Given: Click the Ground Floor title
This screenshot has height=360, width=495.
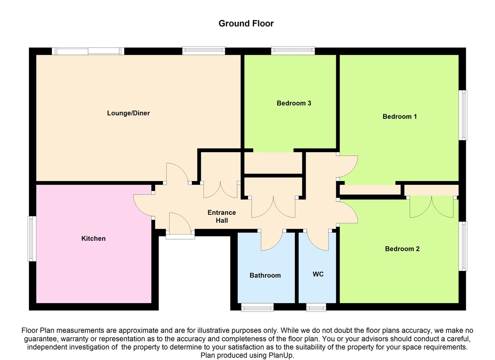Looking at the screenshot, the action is click(246, 24).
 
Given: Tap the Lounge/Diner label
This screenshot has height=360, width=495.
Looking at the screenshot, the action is click(128, 113).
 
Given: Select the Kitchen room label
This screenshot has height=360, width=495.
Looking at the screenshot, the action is click(93, 238).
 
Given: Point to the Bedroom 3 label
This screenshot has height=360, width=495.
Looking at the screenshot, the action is click(294, 103).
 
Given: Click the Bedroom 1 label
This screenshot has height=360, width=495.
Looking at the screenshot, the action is click(400, 116).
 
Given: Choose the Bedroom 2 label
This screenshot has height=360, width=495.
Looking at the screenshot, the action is click(402, 249).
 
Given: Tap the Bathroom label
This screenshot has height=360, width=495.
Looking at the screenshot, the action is click(265, 275).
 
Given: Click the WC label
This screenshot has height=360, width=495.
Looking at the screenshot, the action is click(318, 274).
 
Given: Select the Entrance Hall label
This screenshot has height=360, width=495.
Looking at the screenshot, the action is click(222, 216).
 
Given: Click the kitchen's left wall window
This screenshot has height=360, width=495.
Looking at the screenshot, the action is click(31, 238).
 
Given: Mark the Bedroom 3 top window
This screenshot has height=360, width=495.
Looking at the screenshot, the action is click(293, 51).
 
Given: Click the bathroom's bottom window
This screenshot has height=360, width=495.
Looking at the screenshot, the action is click(257, 307).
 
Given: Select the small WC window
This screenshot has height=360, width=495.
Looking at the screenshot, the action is click(316, 307).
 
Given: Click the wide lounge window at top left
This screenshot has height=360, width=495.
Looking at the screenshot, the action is click(88, 51).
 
